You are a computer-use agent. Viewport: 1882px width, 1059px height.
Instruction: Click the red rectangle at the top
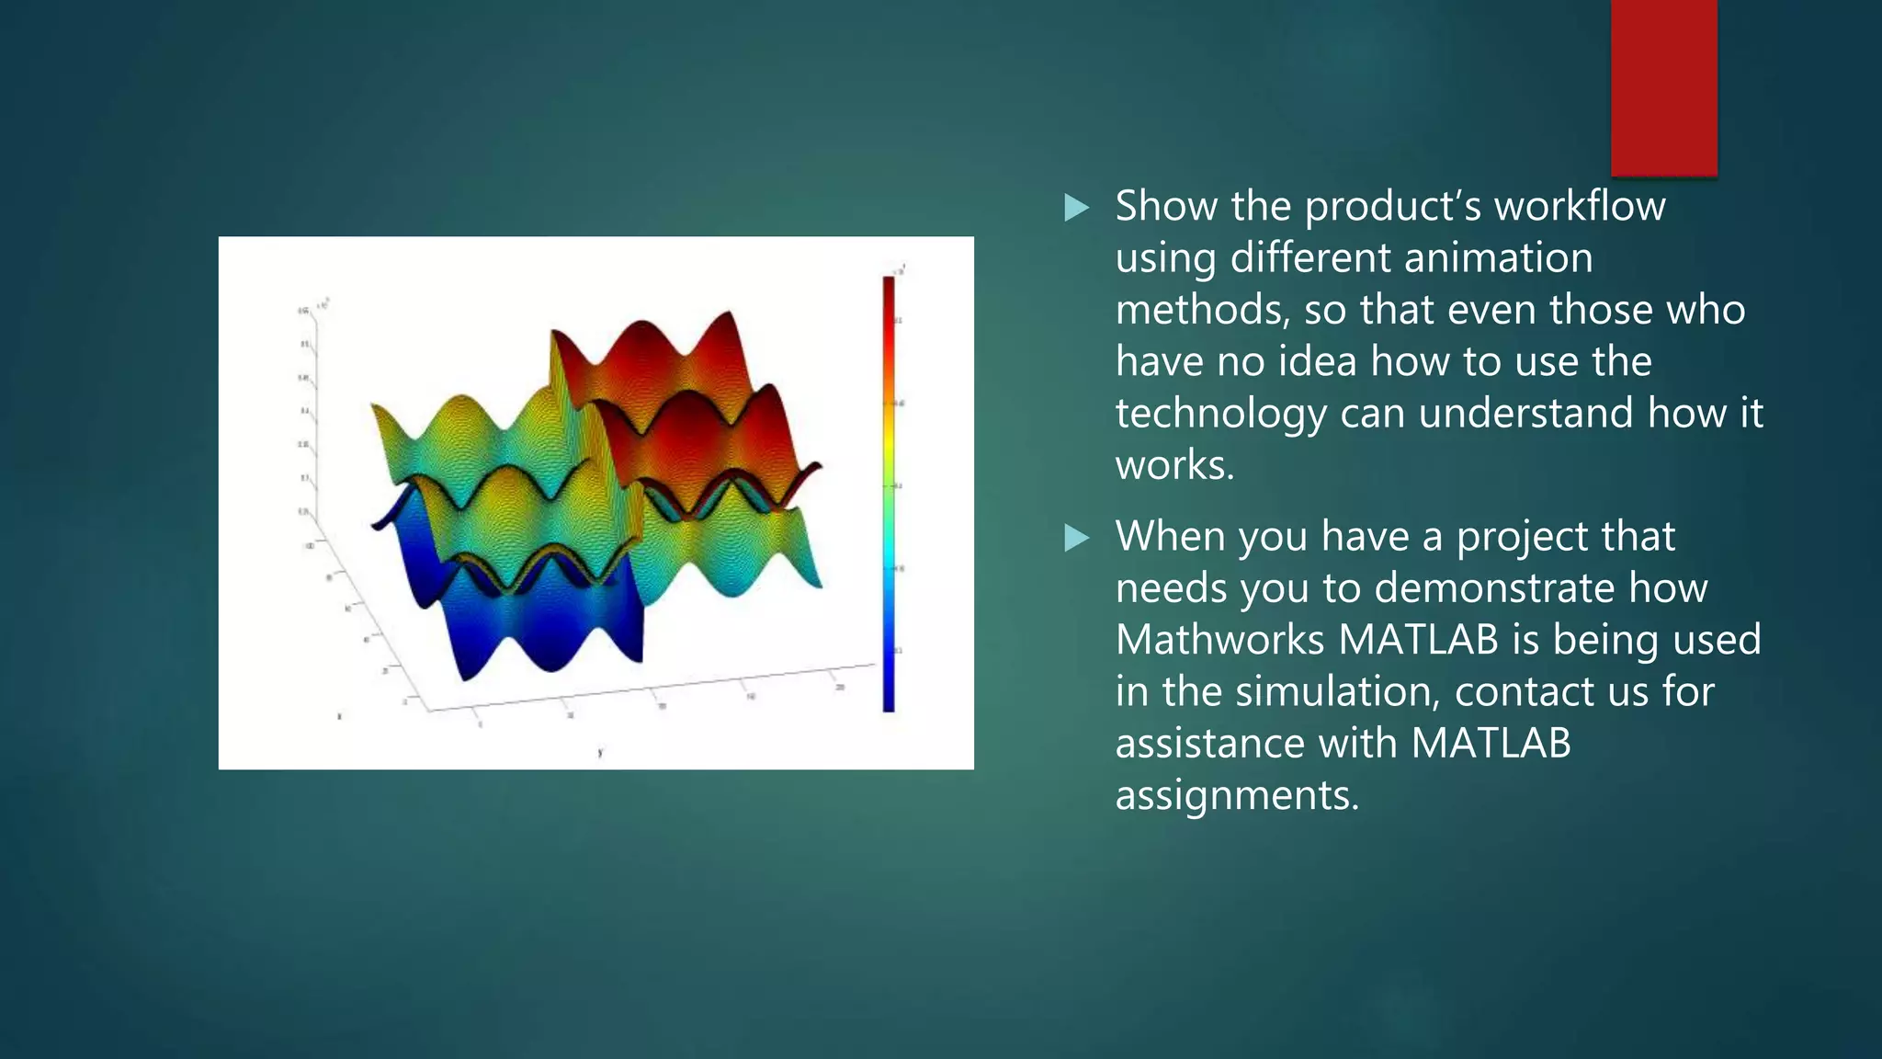click(x=1663, y=87)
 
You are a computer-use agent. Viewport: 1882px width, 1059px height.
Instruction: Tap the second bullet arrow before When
click(x=1076, y=538)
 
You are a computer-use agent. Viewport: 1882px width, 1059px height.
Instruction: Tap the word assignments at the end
click(x=1236, y=795)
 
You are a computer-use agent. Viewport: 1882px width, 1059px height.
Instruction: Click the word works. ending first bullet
click(x=1174, y=465)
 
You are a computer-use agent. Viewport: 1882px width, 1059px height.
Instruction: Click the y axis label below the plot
click(x=600, y=753)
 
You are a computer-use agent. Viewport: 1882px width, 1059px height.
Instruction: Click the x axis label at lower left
click(x=340, y=716)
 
